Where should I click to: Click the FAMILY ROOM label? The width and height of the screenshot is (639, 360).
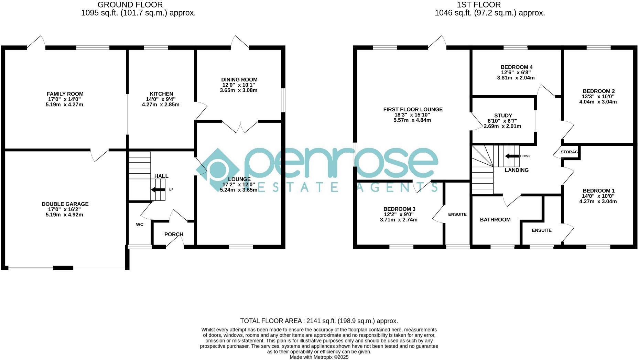[65, 94]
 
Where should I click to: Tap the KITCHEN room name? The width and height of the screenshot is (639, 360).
[161, 94]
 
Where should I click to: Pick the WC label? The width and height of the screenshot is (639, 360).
[140, 225]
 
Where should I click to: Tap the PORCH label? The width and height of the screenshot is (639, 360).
[174, 234]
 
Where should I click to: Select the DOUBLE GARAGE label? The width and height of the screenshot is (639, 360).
[65, 204]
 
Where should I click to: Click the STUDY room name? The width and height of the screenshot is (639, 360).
[503, 116]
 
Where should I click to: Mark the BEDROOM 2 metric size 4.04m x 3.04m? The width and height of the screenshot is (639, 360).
[598, 102]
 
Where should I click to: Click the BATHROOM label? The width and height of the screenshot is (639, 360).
[495, 220]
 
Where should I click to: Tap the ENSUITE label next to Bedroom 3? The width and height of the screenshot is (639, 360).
[457, 214]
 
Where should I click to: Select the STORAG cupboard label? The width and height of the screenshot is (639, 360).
[569, 152]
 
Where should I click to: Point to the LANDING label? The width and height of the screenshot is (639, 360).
[516, 170]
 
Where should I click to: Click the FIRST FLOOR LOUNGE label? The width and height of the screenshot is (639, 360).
[413, 109]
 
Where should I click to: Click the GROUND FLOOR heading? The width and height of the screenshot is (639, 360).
[130, 5]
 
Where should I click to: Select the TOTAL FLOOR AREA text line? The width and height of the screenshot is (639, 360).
[319, 321]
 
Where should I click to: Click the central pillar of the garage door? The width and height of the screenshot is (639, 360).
[63, 268]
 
